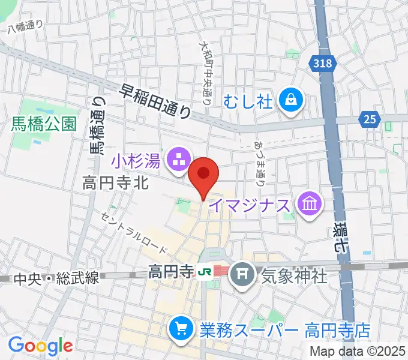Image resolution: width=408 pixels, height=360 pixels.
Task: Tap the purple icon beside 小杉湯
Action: point(179,160)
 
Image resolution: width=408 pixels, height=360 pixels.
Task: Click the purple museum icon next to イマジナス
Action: point(311,205)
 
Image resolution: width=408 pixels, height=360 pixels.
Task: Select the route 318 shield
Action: point(322,62)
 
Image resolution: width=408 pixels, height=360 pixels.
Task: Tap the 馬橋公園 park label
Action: point(44,124)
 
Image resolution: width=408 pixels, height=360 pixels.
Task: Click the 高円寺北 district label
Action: point(115,184)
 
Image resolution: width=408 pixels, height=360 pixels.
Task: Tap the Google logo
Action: point(40,346)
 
